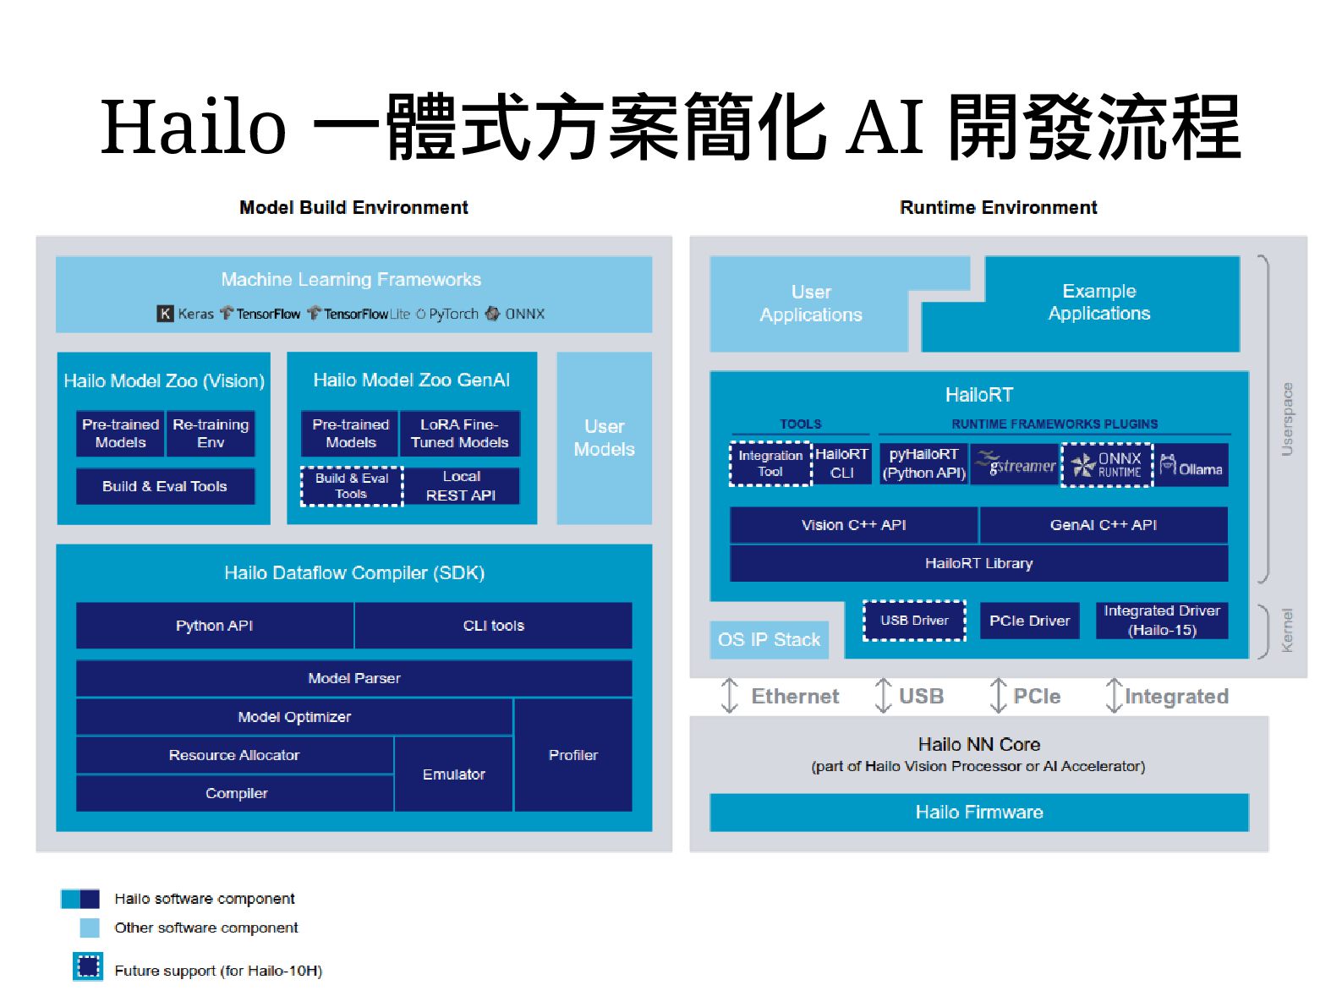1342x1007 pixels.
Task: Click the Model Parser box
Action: [x=353, y=678]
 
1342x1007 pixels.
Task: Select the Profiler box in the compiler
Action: [x=572, y=755]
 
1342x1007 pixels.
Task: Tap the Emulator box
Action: [x=453, y=774]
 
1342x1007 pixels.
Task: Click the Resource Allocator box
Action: [x=234, y=755]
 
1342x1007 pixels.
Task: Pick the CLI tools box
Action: [x=493, y=626]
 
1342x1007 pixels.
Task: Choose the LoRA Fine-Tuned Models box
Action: [x=459, y=433]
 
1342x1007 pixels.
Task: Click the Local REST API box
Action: [x=461, y=486]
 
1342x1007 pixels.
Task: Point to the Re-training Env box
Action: [x=211, y=433]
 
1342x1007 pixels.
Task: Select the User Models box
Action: [x=604, y=438]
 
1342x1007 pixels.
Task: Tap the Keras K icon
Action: [x=166, y=314]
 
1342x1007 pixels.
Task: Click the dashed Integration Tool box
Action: [x=770, y=463]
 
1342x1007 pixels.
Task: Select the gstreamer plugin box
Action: [x=1015, y=464]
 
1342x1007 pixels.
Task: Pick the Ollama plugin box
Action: [x=1191, y=465]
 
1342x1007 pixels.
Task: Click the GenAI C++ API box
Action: [x=1103, y=525]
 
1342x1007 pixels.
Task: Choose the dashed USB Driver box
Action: [x=914, y=621]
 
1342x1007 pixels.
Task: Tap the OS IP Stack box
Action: [x=769, y=639]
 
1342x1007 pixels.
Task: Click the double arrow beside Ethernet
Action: [x=729, y=696]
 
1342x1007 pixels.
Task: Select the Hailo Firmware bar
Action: [x=978, y=812]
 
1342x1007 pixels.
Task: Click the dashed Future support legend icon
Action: [x=88, y=966]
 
